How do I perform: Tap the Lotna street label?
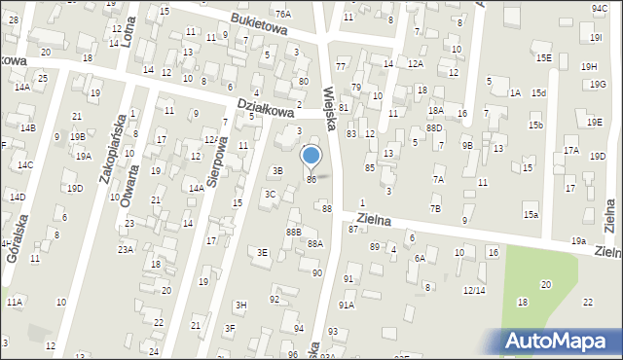128,33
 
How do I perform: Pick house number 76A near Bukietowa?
282,14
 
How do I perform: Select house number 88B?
293,232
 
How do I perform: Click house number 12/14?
473,290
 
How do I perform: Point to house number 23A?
127,250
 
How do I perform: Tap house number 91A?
346,305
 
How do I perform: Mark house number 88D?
434,127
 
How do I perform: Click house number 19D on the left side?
75,188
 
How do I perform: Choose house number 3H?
240,305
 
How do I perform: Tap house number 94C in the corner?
599,8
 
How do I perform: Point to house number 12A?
416,63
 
